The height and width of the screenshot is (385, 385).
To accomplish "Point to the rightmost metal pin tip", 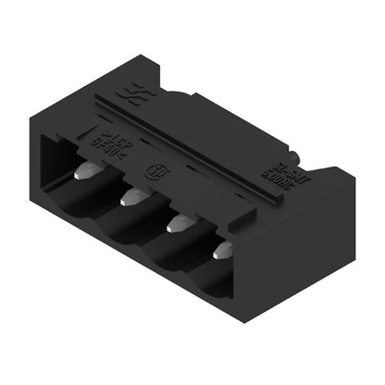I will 223,251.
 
